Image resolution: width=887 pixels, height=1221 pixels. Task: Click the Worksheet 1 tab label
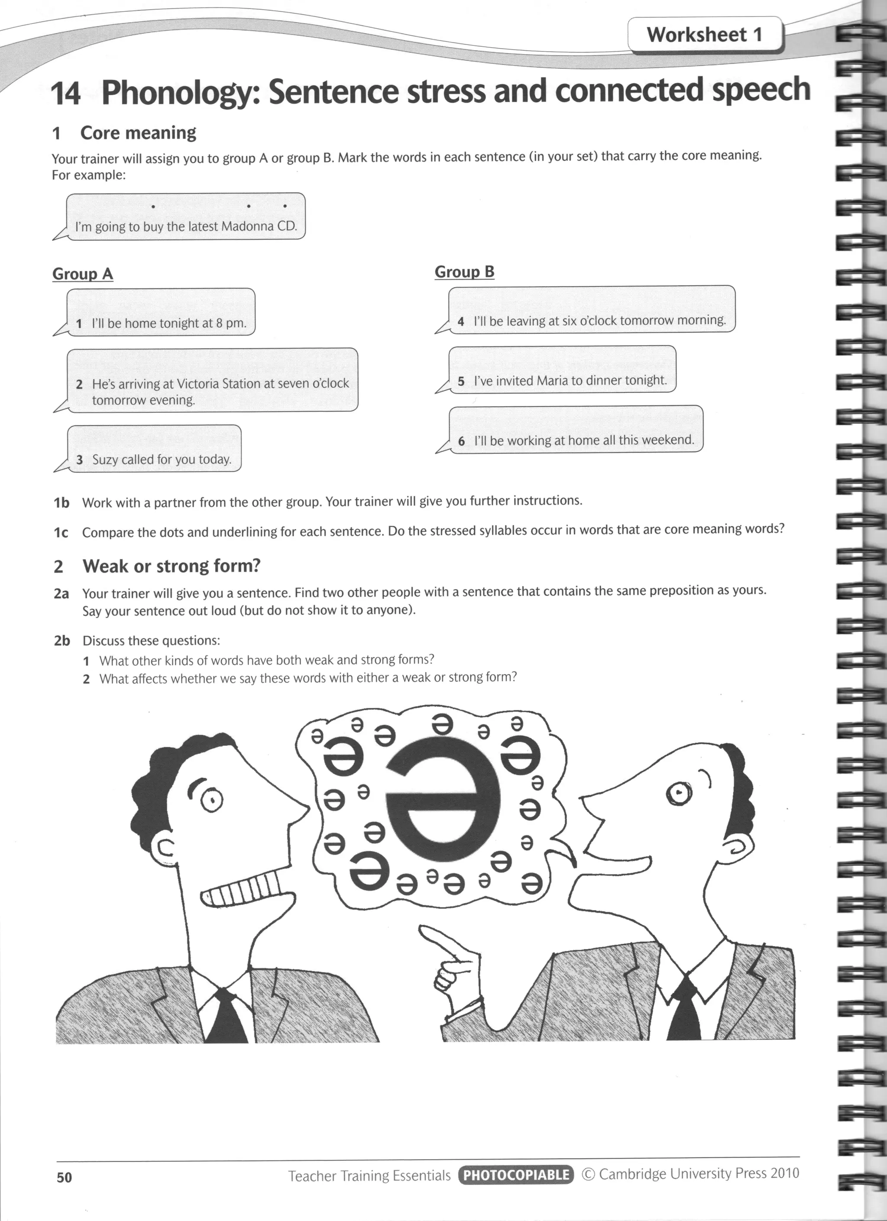point(705,35)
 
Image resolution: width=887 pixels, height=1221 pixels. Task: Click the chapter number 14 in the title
point(66,93)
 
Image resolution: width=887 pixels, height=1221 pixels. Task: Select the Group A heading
point(82,274)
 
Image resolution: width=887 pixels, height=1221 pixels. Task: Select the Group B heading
point(464,272)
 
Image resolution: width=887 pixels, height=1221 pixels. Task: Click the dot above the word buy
point(153,206)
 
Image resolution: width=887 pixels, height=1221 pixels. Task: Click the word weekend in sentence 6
point(667,440)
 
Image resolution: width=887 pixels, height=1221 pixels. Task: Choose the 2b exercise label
point(62,641)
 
